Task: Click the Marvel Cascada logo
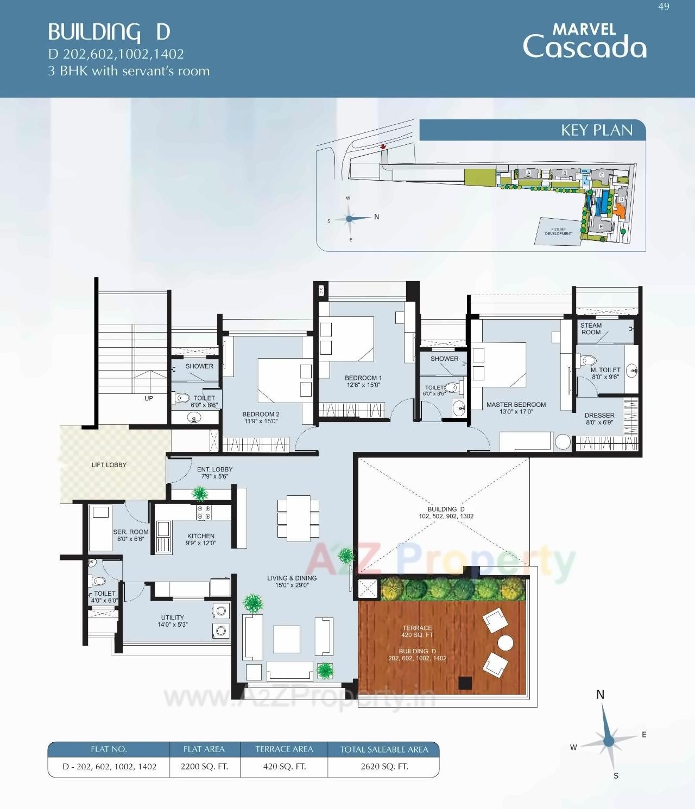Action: point(584,41)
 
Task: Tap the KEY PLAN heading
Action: point(596,130)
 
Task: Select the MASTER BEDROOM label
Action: point(516,407)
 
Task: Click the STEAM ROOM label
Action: point(591,329)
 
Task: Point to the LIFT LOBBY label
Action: point(109,465)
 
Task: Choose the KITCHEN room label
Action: point(201,539)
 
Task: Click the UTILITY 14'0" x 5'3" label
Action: point(172,621)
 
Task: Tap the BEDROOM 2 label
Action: point(261,417)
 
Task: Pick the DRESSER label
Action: point(599,418)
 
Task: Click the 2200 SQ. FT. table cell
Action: point(204,767)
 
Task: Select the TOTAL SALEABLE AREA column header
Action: point(384,749)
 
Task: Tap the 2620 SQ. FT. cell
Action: point(384,767)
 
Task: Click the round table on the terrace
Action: point(506,643)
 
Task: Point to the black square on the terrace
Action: point(465,683)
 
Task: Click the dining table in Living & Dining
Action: point(299,518)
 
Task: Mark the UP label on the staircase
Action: point(149,398)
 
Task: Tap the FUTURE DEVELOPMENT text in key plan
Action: point(558,232)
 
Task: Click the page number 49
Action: point(664,7)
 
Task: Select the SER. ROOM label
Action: point(131,536)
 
